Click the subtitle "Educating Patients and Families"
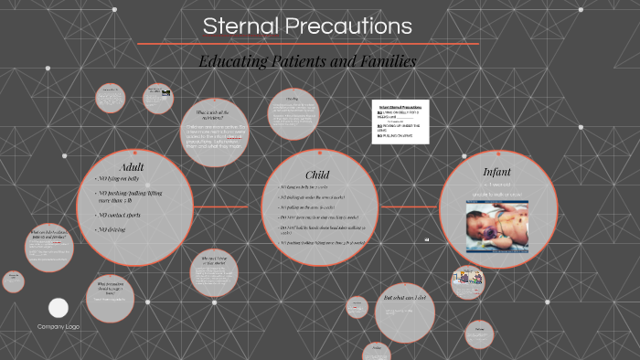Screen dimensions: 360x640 coord(307,61)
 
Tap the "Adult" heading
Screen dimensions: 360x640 coord(132,166)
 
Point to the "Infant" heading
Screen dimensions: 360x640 coord(496,171)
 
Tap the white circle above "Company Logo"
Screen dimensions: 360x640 coord(59,308)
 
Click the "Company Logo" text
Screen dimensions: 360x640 coord(59,326)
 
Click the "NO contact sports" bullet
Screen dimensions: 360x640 coord(123,215)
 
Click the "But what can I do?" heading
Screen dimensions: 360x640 coord(405,299)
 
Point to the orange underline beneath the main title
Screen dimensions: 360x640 coord(307,44)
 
